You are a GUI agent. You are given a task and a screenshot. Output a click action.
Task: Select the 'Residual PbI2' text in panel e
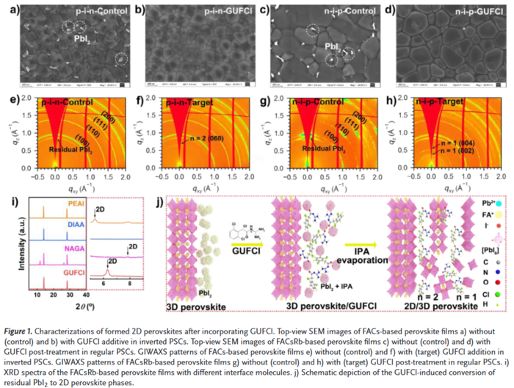(67, 149)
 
